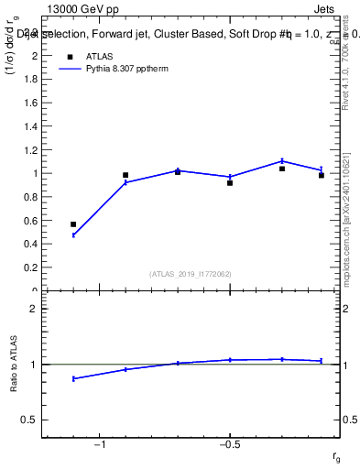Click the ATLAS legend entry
click(x=99, y=57)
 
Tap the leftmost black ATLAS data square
click(x=73, y=224)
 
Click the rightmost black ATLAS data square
click(x=322, y=175)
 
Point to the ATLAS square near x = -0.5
click(x=230, y=183)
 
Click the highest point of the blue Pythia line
click(x=282, y=161)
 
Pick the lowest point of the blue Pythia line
click(x=73, y=235)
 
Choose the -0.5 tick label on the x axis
click(x=229, y=445)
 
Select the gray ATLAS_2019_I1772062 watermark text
click(x=191, y=273)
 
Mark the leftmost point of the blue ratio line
click(x=73, y=378)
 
